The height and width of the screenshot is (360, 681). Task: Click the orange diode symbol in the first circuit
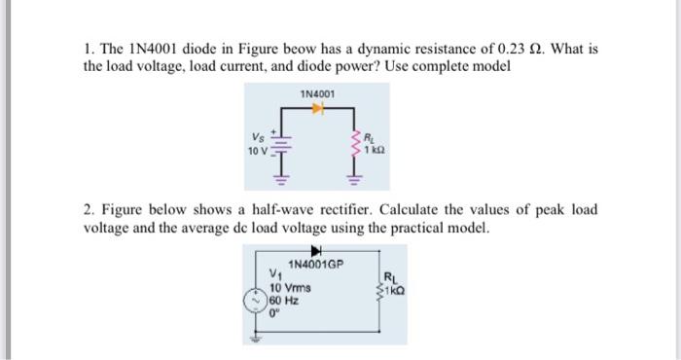[x=314, y=111]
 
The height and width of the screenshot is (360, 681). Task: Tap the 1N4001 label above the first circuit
[x=316, y=94]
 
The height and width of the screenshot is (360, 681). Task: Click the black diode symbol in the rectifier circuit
[x=314, y=251]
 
